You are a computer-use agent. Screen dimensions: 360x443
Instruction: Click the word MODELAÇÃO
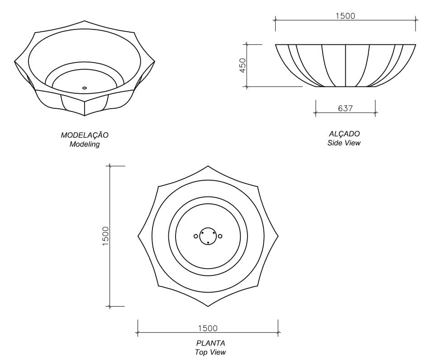pyautogui.click(x=85, y=135)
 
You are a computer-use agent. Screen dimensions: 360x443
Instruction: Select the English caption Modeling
pyautogui.click(x=85, y=144)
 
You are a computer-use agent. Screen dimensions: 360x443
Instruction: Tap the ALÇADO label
pyautogui.click(x=344, y=134)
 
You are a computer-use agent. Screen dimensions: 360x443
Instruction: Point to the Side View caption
pyautogui.click(x=344, y=143)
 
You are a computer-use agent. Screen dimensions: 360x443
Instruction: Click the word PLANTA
pyautogui.click(x=210, y=343)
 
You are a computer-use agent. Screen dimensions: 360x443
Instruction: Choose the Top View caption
pyautogui.click(x=210, y=352)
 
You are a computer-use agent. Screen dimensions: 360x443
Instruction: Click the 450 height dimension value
pyautogui.click(x=243, y=66)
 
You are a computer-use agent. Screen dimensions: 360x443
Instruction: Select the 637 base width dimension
pyautogui.click(x=345, y=108)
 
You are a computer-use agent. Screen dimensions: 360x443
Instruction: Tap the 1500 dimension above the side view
pyautogui.click(x=345, y=16)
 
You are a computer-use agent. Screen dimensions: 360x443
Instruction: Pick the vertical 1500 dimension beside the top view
pyautogui.click(x=106, y=236)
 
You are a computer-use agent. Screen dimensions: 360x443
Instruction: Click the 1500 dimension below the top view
pyautogui.click(x=208, y=328)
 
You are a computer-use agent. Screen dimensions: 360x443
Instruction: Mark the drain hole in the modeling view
pyautogui.click(x=85, y=88)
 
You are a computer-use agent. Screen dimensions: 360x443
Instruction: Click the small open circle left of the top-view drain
pyautogui.click(x=196, y=236)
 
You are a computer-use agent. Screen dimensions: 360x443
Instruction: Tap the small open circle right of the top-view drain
pyautogui.click(x=220, y=236)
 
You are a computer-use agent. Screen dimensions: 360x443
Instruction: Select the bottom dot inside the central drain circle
pyautogui.click(x=208, y=243)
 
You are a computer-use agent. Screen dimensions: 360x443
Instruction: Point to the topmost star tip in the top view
pyautogui.click(x=208, y=166)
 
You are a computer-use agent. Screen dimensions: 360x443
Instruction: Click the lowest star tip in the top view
pyautogui.click(x=208, y=306)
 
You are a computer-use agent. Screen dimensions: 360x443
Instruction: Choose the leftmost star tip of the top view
pyautogui.click(x=138, y=236)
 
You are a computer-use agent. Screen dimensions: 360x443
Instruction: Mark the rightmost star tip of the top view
pyautogui.click(x=278, y=236)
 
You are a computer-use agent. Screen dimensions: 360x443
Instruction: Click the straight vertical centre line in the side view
pyautogui.click(x=345, y=66)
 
